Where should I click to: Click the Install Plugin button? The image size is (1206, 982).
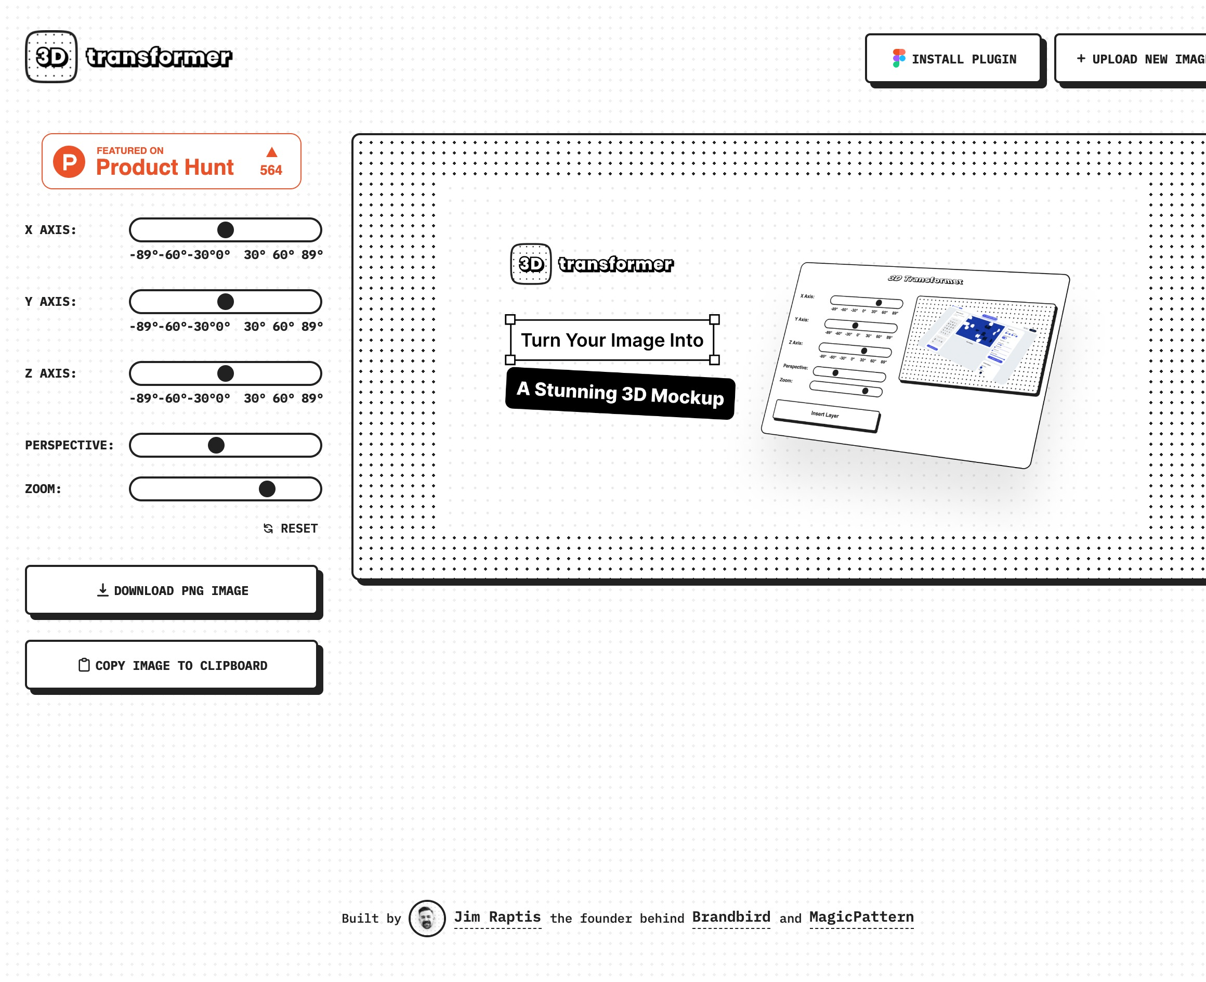(953, 59)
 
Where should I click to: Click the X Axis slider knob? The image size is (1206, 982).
(226, 230)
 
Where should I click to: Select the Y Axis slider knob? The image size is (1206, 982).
(226, 302)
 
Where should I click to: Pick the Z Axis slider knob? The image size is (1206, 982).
(226, 374)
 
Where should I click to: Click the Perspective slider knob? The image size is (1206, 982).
(216, 446)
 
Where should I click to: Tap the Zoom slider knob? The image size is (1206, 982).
(267, 489)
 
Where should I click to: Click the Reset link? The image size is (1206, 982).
(291, 529)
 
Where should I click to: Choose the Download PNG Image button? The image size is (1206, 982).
(172, 590)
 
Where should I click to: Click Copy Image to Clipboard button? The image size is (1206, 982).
(172, 666)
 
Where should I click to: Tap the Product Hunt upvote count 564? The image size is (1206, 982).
(271, 170)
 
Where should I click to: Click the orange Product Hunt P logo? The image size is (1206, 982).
(69, 162)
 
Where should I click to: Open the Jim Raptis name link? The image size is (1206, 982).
(497, 917)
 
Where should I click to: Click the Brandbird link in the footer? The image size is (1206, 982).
(730, 917)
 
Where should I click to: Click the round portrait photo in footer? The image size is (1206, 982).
(427, 918)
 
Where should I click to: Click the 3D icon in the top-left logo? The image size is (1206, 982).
(51, 57)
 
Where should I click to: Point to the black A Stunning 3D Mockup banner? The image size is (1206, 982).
(620, 394)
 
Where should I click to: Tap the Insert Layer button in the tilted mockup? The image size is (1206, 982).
(825, 415)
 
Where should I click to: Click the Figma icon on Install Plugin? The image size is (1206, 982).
(898, 58)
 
